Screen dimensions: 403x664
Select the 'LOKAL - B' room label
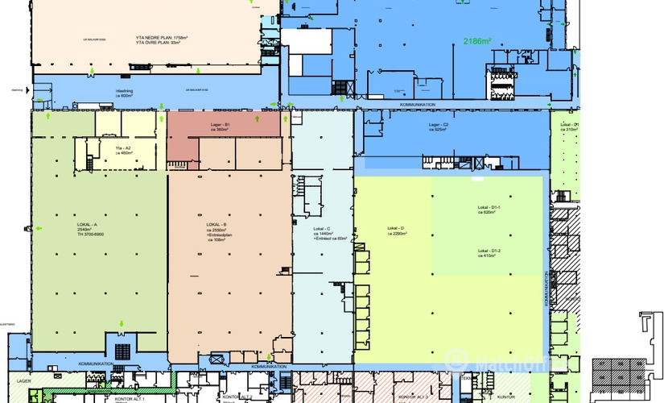pyautogui.click(x=217, y=225)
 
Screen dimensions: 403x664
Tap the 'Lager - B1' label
pyautogui.click(x=221, y=125)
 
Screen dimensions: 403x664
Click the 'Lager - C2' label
pyautogui.click(x=439, y=125)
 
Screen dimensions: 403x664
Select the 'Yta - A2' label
pyautogui.click(x=123, y=147)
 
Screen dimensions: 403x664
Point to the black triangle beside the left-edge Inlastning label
pyautogui.click(x=28, y=91)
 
